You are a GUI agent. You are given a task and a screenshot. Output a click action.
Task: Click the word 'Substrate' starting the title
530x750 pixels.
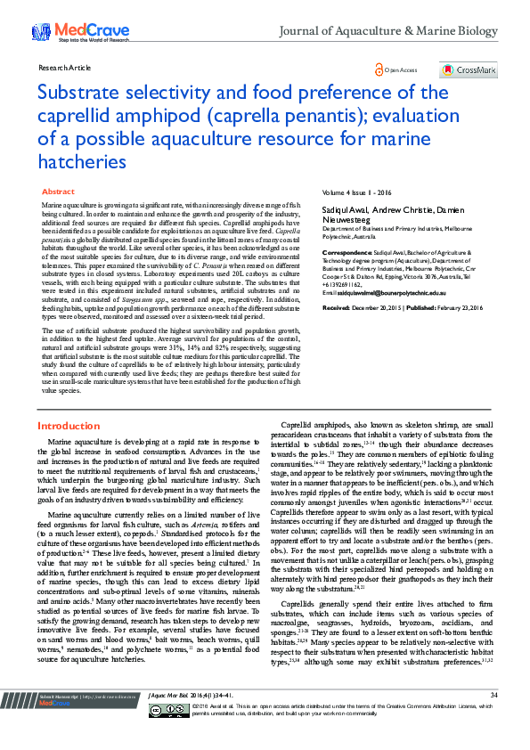tap(81, 93)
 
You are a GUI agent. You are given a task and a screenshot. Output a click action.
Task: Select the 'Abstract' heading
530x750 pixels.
tap(59, 192)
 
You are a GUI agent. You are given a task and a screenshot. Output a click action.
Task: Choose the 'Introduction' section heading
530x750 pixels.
tap(68, 426)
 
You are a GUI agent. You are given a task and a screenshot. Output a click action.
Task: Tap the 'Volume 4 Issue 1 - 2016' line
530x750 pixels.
tap(358, 192)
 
